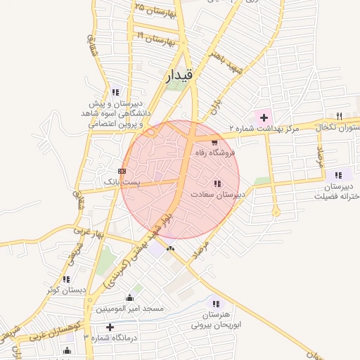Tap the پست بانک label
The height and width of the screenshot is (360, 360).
(122, 181)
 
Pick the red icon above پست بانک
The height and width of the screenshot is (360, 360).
(122, 170)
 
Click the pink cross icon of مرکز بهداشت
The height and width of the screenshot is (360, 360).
(264, 116)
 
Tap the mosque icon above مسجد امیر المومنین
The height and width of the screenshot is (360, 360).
(129, 297)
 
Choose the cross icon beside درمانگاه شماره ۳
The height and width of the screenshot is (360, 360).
(109, 327)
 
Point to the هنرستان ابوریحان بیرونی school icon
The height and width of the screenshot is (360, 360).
(215, 304)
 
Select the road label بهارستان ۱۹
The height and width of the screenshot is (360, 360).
(156, 37)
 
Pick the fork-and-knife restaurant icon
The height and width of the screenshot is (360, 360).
(340, 116)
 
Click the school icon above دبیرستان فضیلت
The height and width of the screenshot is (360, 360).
(339, 175)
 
